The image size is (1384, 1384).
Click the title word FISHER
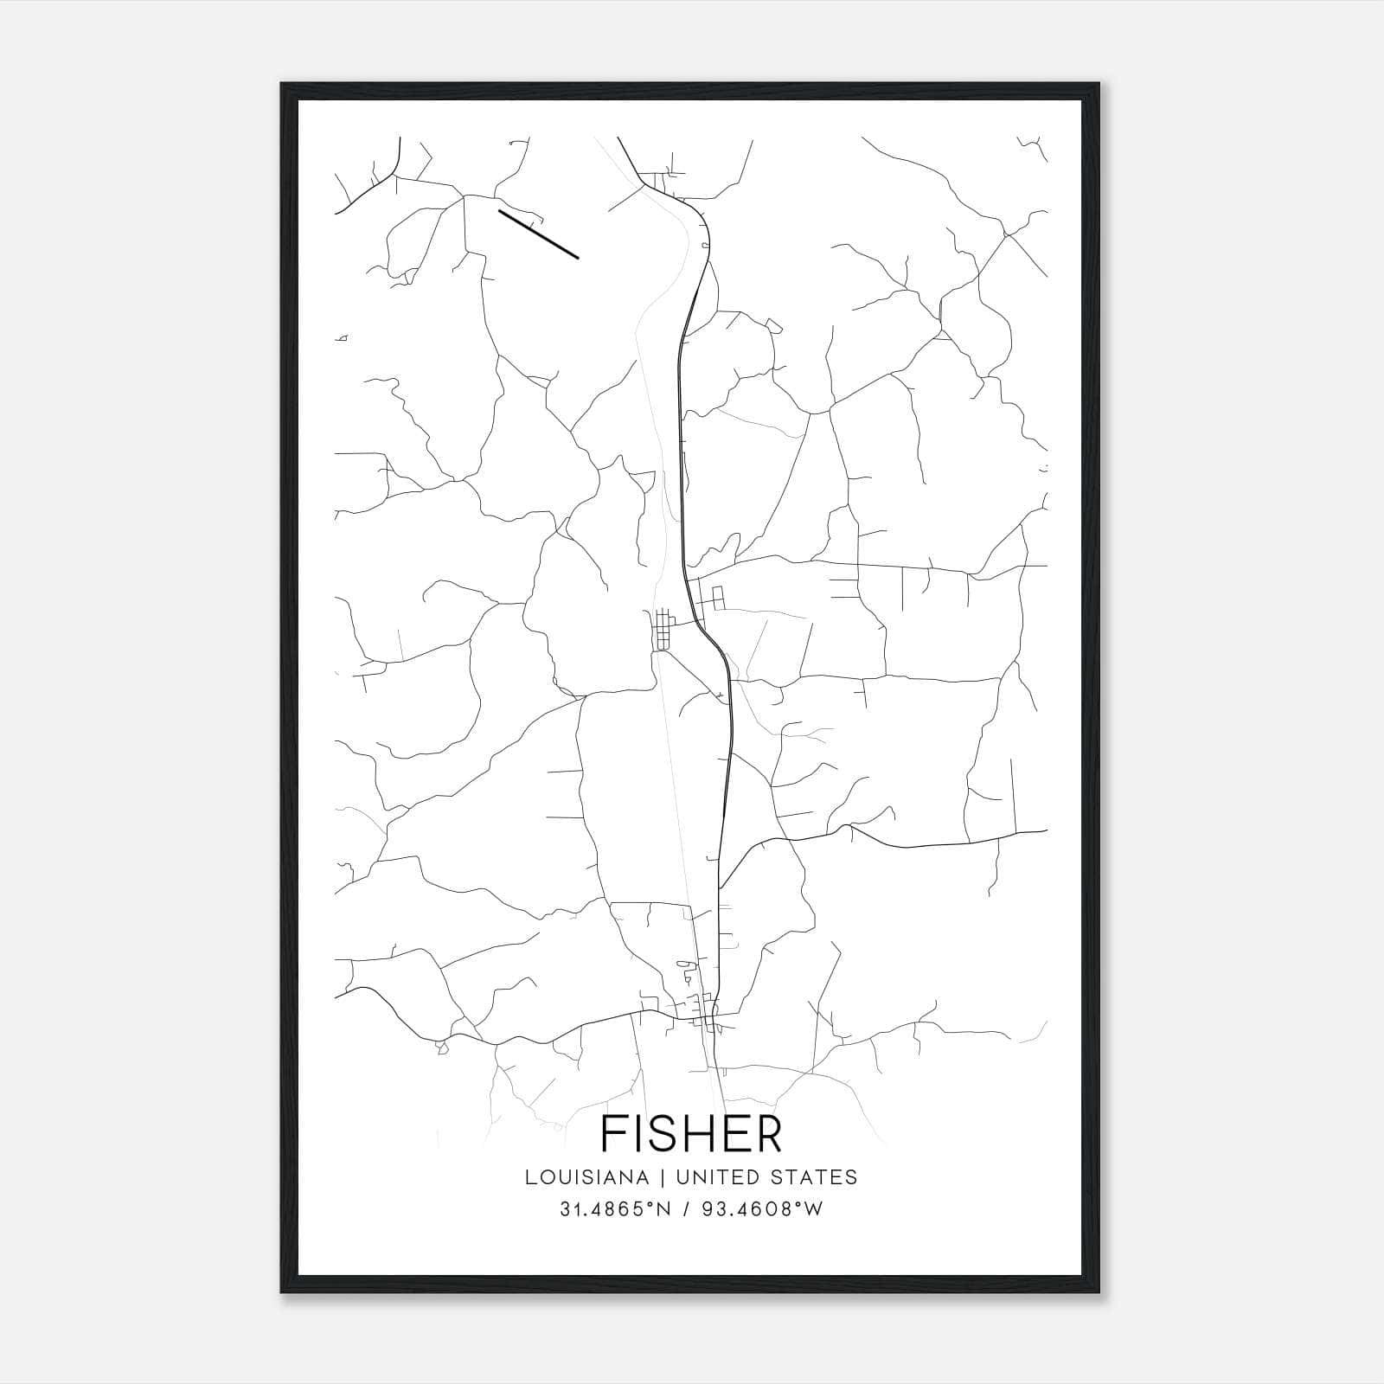pyautogui.click(x=690, y=1134)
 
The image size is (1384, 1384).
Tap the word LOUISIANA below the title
pyautogui.click(x=586, y=1177)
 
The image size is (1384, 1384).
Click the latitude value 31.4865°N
pyautogui.click(x=615, y=1209)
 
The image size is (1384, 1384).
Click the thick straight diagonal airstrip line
pyautogui.click(x=538, y=234)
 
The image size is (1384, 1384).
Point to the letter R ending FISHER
pyautogui.click(x=766, y=1134)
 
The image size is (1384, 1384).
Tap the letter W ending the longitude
pyautogui.click(x=814, y=1209)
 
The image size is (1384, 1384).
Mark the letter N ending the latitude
pyautogui.click(x=665, y=1209)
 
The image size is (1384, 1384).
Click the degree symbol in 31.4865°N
pyautogui.click(x=655, y=1204)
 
